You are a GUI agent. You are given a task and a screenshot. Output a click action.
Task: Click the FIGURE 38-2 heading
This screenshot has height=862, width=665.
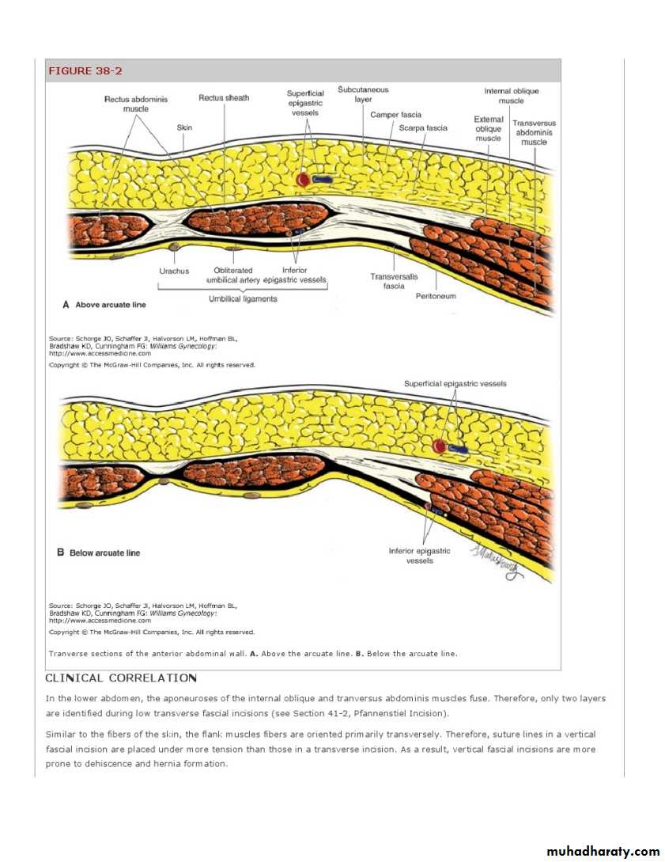click(85, 71)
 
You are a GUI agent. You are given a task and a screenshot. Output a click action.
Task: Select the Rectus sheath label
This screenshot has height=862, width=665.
click(224, 98)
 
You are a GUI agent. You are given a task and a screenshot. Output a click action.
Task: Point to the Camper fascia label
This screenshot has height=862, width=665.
click(395, 116)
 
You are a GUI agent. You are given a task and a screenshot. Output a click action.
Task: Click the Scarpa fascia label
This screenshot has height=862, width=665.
click(423, 128)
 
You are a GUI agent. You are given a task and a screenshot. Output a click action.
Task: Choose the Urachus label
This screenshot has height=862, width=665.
click(174, 271)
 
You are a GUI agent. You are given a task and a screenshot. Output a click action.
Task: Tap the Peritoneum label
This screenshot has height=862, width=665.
click(436, 296)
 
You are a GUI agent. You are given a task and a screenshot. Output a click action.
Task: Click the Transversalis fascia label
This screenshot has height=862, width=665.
click(394, 281)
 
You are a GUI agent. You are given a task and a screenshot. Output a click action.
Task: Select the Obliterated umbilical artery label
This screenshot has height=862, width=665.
click(233, 275)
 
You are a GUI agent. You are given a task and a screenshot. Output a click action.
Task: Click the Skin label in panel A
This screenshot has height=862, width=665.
click(183, 127)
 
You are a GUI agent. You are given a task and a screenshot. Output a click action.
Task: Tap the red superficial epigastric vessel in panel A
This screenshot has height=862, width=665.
click(303, 180)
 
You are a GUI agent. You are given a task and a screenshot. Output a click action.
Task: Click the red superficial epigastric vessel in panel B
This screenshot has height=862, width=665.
click(439, 447)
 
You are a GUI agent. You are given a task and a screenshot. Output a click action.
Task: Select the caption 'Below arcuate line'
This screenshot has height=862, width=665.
click(104, 553)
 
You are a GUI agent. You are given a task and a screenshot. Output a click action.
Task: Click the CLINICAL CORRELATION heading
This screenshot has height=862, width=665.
click(121, 678)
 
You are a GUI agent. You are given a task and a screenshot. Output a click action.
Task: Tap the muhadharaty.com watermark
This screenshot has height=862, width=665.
click(603, 851)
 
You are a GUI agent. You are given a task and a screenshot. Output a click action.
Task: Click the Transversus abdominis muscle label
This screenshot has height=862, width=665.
click(535, 133)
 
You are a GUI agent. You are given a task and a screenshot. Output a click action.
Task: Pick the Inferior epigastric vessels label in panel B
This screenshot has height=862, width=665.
click(419, 556)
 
